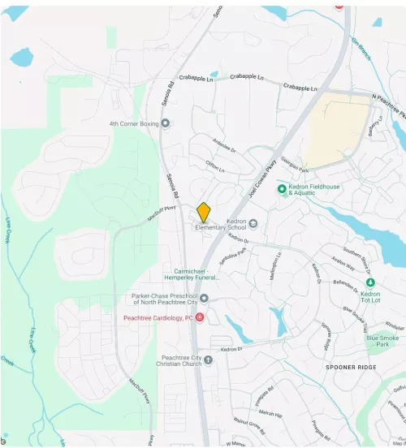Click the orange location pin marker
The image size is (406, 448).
coord(204,212)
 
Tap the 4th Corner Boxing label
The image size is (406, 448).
coord(135,123)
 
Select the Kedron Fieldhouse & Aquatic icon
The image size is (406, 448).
coord(283,188)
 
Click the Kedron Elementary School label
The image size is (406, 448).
coord(220,224)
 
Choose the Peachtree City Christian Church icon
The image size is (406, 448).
coord(208,360)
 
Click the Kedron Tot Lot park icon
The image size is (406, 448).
coord(370,282)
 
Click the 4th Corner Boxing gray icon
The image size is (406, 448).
coord(166,123)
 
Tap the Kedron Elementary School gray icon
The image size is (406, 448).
coord(253,224)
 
